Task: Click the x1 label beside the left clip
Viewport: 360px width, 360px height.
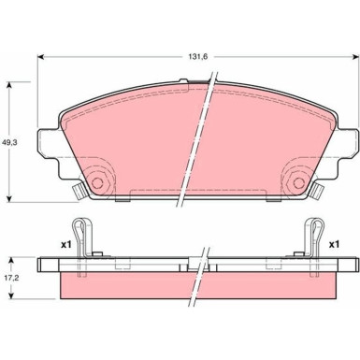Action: [x=66, y=244]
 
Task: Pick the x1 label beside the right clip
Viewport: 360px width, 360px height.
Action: [x=332, y=244]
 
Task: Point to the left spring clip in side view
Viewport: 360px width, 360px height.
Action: [x=86, y=241]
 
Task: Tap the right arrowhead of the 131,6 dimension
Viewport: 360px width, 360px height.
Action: [x=355, y=57]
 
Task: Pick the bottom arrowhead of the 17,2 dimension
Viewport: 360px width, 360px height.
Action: [x=11, y=300]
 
